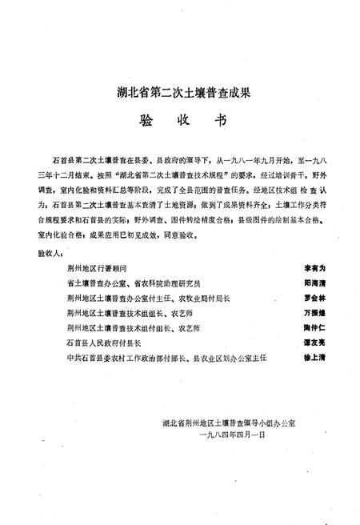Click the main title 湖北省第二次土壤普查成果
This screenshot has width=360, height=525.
tap(179, 94)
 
